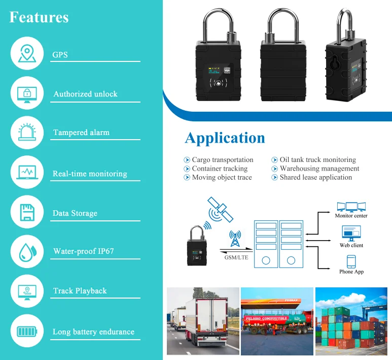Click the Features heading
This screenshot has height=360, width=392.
click(x=39, y=17)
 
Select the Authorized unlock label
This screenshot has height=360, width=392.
click(x=85, y=94)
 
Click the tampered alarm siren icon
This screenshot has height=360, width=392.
click(x=27, y=133)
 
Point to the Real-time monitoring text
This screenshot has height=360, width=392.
click(x=90, y=174)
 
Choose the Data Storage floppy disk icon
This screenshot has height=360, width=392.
click(x=27, y=212)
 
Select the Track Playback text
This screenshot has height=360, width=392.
click(x=80, y=291)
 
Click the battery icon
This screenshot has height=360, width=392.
click(x=27, y=332)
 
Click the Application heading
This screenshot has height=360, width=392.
click(x=225, y=138)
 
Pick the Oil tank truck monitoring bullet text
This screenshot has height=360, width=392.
click(x=317, y=159)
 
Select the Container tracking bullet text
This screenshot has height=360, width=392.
click(x=220, y=169)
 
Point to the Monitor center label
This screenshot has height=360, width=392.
click(x=351, y=216)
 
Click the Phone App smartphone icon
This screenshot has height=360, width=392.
click(x=351, y=261)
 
